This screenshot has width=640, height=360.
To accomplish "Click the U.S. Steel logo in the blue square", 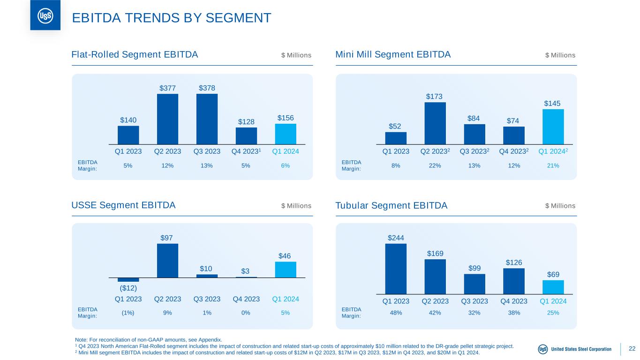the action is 45,16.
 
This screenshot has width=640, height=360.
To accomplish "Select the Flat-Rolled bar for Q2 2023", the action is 167,119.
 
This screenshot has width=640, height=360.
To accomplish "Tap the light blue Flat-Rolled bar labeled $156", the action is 286,134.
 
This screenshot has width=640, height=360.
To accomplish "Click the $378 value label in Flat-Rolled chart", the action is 207,88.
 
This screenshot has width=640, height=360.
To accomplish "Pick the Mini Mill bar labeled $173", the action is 435,123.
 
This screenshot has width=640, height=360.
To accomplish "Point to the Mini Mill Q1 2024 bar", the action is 553,127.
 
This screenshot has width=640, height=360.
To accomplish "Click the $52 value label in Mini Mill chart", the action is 395,126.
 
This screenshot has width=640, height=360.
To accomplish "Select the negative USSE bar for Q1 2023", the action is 128,280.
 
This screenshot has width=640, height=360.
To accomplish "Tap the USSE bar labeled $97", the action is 167,261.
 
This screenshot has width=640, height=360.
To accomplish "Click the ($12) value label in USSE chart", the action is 128,288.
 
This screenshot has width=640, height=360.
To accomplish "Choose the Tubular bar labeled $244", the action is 396,269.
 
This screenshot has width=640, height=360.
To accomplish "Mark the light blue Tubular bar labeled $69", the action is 553,287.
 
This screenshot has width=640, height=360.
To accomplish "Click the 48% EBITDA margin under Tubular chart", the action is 396,313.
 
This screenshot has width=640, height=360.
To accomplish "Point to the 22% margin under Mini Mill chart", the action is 435,166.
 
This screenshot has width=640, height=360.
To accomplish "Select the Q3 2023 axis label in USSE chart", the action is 207,299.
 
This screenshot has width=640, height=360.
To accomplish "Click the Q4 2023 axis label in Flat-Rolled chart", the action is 245,151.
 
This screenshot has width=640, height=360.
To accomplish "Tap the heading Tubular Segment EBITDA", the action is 391,205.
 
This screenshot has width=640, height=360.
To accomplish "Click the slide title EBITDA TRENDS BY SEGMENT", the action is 172,18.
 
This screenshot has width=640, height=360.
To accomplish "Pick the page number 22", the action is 632,349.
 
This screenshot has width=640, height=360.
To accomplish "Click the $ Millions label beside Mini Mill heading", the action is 560,55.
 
